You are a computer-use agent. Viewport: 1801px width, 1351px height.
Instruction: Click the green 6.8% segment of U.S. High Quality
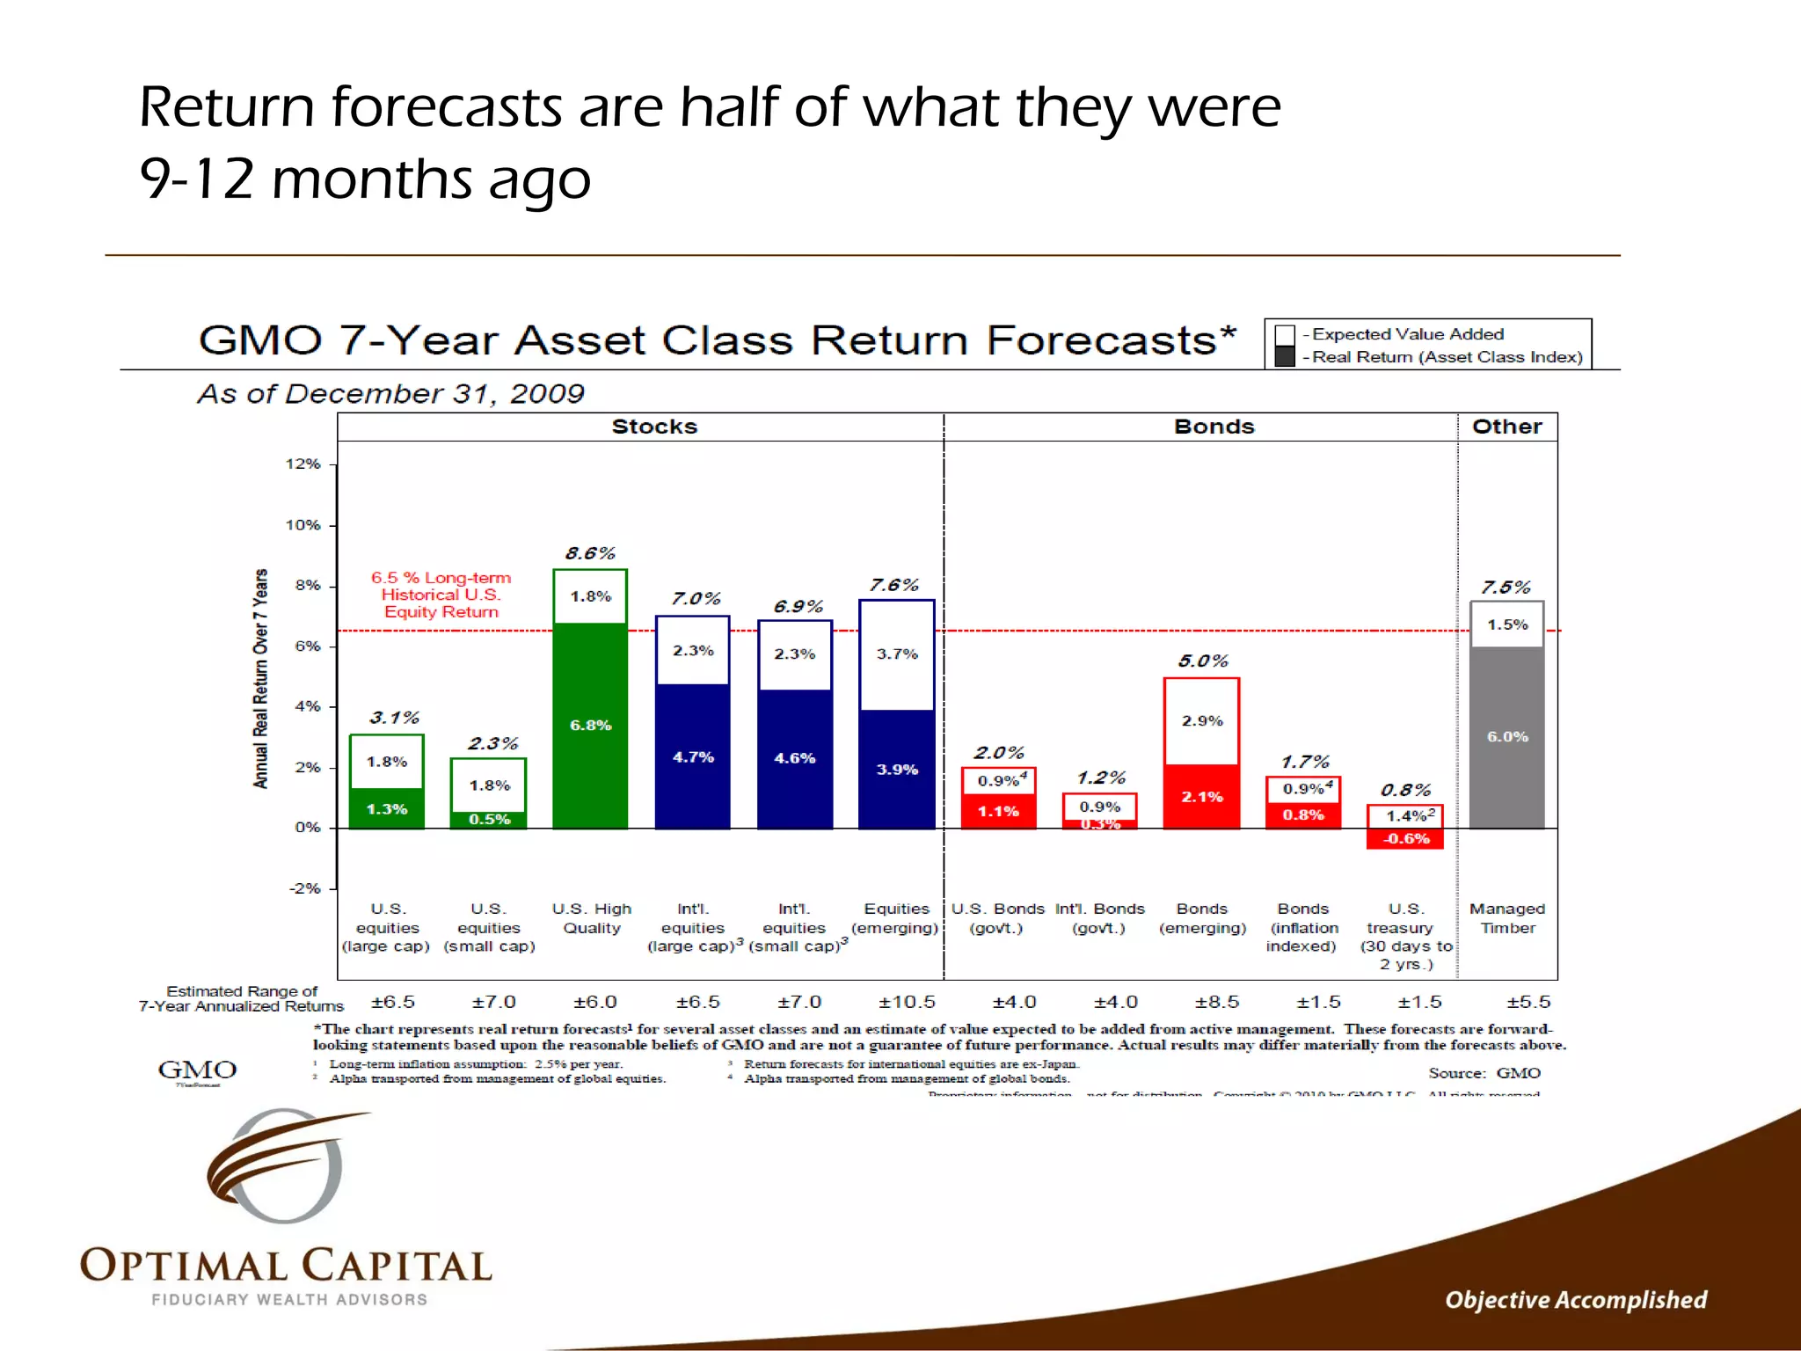pyautogui.click(x=590, y=726)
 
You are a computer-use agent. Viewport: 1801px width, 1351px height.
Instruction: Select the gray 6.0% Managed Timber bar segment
pyautogui.click(x=1507, y=737)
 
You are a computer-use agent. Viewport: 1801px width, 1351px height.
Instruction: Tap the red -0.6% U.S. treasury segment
pyautogui.click(x=1405, y=839)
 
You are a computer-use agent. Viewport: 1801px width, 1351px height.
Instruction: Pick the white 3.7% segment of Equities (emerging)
pyautogui.click(x=897, y=654)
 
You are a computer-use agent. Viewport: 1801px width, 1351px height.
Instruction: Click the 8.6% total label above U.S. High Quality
pyautogui.click(x=590, y=553)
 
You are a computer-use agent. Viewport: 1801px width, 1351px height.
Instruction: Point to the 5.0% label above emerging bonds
pyautogui.click(x=1203, y=661)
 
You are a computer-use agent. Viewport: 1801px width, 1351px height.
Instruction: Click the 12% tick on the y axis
pyautogui.click(x=303, y=464)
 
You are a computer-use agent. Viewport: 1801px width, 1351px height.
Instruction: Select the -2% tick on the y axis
pyautogui.click(x=305, y=888)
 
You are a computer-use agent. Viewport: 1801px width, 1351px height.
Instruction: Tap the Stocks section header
pyautogui.click(x=654, y=427)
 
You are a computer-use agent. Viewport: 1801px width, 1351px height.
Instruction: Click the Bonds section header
pyautogui.click(x=1214, y=427)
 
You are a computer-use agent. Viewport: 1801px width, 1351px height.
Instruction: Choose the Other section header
pyautogui.click(x=1506, y=427)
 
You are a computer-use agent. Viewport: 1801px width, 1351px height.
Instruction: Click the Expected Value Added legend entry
pyautogui.click(x=1407, y=334)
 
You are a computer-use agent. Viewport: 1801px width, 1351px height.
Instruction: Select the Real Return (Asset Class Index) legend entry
pyautogui.click(x=1446, y=357)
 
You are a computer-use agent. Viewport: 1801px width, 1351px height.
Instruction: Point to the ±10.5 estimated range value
pyautogui.click(x=907, y=1002)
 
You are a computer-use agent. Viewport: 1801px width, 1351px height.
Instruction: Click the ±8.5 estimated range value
pyautogui.click(x=1217, y=1002)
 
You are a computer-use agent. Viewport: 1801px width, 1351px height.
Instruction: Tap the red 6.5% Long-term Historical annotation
pyautogui.click(x=441, y=595)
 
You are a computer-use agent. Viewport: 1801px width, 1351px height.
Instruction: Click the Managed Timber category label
pyautogui.click(x=1507, y=918)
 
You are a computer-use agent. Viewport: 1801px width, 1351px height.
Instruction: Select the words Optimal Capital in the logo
pyautogui.click(x=286, y=1267)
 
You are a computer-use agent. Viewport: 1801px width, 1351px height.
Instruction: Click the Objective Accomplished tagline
pyautogui.click(x=1576, y=1300)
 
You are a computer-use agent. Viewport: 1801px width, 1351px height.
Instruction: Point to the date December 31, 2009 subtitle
pyautogui.click(x=390, y=393)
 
